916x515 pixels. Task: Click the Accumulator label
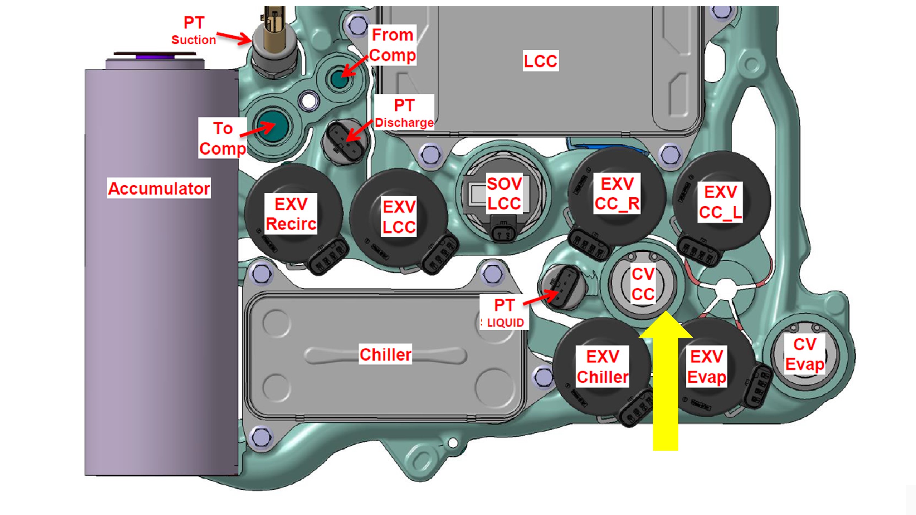159,188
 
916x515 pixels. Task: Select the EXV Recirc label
291,214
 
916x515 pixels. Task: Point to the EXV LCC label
399,216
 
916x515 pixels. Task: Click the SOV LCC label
504,193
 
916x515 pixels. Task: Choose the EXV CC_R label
617,193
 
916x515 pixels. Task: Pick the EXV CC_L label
720,202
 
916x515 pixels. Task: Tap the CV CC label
643,284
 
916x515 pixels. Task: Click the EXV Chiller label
603,367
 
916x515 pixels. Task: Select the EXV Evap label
707,367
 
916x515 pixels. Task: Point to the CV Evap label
805,354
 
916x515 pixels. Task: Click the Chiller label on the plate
385,354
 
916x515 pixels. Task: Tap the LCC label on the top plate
540,61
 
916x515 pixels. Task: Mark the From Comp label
393,45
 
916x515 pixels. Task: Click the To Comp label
223,138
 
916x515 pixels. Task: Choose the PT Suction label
194,30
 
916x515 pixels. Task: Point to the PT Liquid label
504,313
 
